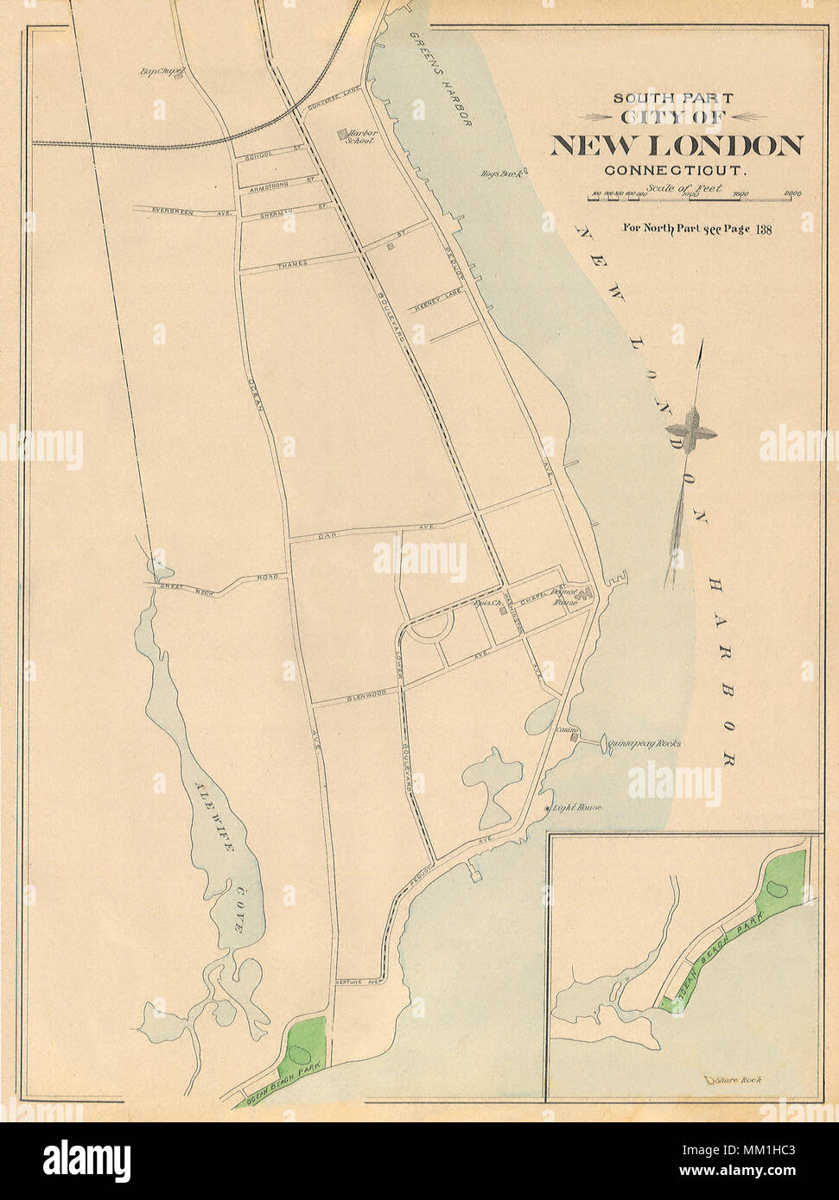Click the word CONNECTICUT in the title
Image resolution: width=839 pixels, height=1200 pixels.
[x=676, y=171]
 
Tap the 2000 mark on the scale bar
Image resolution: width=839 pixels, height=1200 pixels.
[x=792, y=194]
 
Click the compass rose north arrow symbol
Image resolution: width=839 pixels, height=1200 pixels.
[x=690, y=429]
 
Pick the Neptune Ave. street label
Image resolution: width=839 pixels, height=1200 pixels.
[x=356, y=982]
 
